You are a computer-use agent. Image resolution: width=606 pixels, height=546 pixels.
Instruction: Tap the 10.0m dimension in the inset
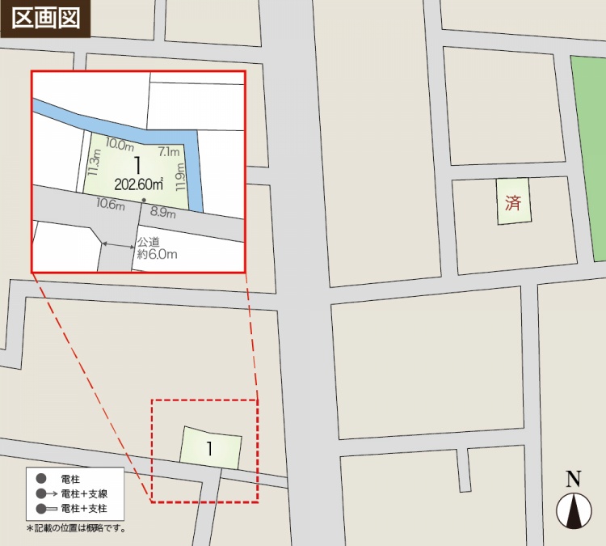click(x=119, y=145)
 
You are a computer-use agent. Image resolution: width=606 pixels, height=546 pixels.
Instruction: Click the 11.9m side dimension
click(x=180, y=176)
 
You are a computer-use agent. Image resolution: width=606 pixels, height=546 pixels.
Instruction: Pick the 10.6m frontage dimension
click(x=111, y=203)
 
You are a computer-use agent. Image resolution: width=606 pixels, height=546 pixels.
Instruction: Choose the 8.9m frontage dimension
click(x=163, y=213)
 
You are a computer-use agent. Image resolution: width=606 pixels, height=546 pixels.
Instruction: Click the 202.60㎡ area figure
click(x=139, y=184)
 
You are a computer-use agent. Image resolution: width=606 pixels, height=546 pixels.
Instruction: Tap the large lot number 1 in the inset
click(x=138, y=164)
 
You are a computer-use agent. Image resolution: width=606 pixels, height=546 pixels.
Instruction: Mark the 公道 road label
click(x=148, y=242)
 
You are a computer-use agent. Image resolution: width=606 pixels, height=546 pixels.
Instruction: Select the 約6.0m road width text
click(x=157, y=254)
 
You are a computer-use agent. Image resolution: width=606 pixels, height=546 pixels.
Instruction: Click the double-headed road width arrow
click(x=118, y=243)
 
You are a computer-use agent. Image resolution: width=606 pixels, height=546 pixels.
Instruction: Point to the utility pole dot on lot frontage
click(x=144, y=200)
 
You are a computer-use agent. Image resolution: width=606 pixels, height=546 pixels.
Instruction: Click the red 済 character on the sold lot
click(x=513, y=202)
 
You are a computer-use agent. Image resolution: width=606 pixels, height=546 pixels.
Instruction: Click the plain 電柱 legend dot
click(x=40, y=479)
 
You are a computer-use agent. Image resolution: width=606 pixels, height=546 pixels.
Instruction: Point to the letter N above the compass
click(x=574, y=479)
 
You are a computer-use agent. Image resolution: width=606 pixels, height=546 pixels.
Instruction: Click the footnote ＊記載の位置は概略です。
click(x=77, y=528)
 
